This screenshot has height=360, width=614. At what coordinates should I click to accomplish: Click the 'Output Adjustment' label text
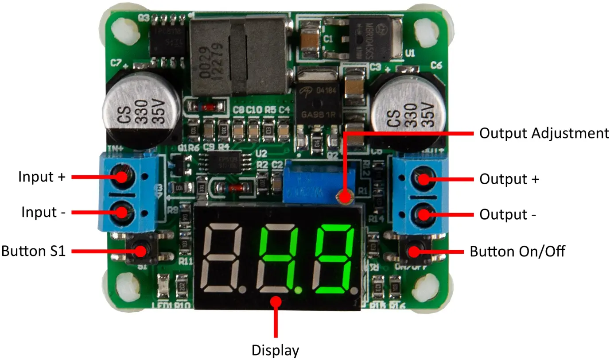(544, 133)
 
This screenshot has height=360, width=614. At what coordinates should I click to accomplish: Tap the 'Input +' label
(42, 177)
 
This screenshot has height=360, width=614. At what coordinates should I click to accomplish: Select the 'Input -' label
(43, 213)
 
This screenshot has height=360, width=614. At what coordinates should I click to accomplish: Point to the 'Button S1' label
(34, 251)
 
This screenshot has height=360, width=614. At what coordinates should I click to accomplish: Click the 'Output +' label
(509, 179)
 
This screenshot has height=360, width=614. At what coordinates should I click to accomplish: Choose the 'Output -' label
(508, 215)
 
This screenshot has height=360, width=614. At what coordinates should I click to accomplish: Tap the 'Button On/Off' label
(517, 252)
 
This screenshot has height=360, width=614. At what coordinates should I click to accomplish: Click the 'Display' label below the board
(276, 350)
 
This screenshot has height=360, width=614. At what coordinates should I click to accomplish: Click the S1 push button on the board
(141, 251)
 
